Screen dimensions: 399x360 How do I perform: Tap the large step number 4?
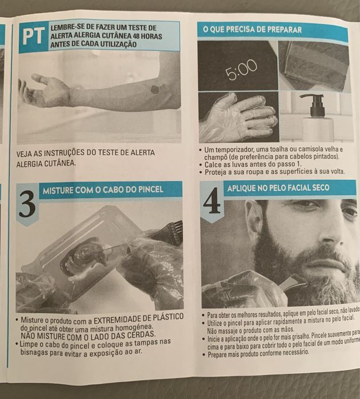[211, 202]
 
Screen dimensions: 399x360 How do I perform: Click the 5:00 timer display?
[241, 72]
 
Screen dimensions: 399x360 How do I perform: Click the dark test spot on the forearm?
[155, 89]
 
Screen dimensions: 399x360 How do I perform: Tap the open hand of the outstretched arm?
[46, 90]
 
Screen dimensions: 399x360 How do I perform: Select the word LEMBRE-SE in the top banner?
[70, 27]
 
